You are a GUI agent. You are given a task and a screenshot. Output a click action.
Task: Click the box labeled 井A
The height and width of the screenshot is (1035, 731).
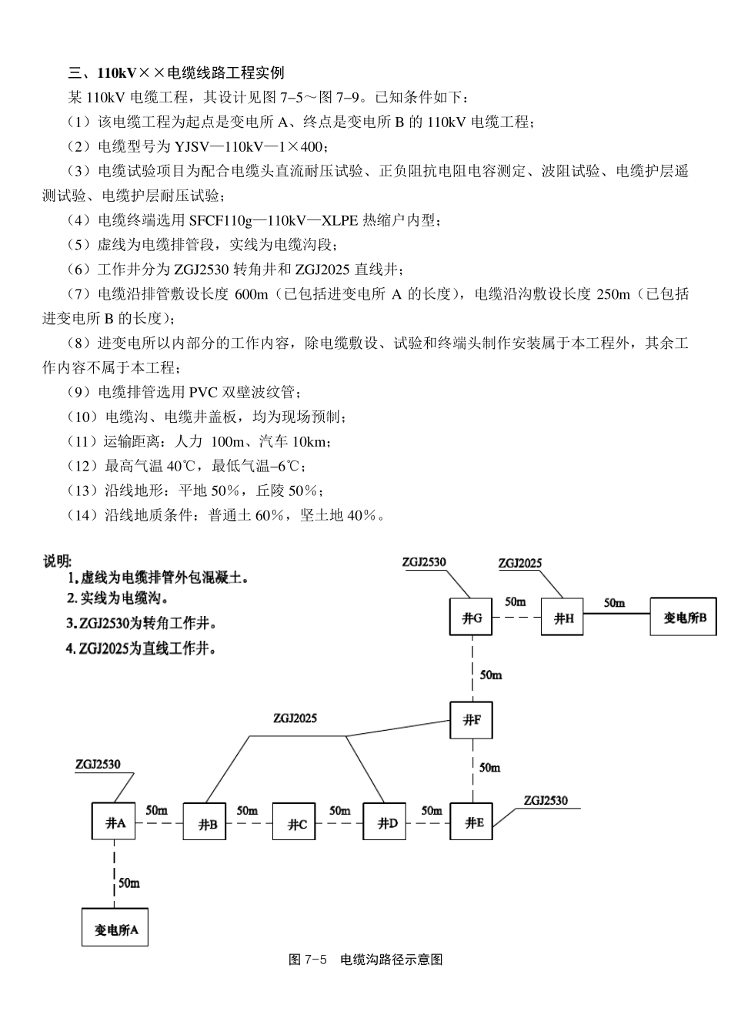(115, 822)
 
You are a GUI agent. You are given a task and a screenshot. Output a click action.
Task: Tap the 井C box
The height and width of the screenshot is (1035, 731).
(296, 824)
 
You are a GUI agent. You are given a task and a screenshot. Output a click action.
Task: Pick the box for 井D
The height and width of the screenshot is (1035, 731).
(386, 823)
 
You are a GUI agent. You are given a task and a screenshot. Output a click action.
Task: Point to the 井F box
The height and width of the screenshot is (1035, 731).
(472, 721)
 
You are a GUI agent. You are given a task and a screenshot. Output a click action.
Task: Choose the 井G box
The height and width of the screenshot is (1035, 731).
(472, 618)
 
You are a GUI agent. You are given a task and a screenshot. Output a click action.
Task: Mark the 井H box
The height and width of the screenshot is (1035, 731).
(563, 618)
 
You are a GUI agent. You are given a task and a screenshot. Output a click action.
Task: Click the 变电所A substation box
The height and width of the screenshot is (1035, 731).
(115, 928)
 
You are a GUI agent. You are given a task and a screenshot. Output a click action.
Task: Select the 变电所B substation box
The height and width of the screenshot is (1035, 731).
(683, 617)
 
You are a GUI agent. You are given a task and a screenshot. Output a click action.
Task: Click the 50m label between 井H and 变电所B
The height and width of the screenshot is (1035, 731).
(614, 603)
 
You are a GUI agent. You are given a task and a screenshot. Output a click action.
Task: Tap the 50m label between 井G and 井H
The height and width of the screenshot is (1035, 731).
(516, 601)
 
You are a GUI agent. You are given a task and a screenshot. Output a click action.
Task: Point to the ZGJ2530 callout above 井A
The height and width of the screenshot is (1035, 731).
(98, 765)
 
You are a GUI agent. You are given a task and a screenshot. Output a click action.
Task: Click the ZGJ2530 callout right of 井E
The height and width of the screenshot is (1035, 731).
(546, 800)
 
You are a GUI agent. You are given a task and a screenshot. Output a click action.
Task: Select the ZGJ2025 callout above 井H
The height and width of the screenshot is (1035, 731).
(520, 563)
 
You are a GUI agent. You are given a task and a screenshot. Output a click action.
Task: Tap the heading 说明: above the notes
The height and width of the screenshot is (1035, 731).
(58, 561)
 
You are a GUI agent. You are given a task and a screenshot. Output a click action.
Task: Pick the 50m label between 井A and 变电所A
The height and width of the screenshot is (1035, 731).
(129, 883)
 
